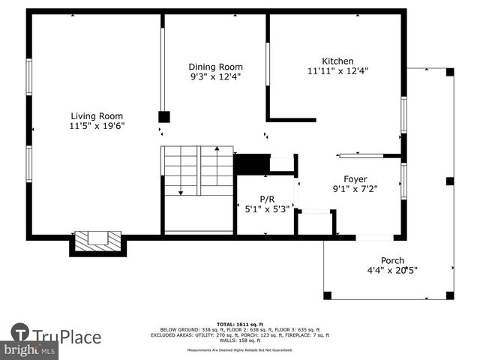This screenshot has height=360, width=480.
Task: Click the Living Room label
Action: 97,115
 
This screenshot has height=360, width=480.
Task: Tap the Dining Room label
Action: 215,67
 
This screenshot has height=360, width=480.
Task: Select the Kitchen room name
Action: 337,61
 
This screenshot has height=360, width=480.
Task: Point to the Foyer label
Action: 355,178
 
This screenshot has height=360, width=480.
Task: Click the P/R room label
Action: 267,199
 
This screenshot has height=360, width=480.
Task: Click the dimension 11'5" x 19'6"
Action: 97,126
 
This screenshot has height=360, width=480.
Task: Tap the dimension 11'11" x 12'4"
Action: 337,71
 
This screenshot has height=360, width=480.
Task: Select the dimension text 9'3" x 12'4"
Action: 215,77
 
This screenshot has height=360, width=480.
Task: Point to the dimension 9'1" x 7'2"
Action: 355,189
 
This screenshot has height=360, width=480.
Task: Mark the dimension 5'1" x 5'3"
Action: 267,209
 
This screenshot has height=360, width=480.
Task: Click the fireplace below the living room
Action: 97,241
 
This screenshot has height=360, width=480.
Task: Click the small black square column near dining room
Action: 163,117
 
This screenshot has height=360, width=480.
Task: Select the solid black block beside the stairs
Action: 251,163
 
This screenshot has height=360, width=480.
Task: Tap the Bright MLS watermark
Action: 30,350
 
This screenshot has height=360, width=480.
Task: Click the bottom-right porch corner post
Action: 450,295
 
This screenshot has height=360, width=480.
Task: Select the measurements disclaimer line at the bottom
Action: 240,350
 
